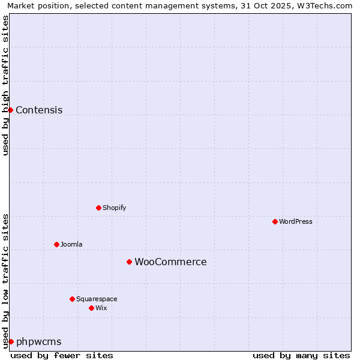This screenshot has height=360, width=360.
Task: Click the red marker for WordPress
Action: point(275,221)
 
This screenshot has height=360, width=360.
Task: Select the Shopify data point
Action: point(98,208)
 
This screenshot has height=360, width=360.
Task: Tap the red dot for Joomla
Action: point(56,244)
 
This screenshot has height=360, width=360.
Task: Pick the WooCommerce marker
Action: point(129,262)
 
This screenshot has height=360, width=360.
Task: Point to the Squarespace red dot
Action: point(72,299)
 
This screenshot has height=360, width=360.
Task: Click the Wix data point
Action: point(91,308)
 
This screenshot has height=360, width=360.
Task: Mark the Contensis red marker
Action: point(10,110)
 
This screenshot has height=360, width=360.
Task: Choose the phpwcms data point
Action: point(11,341)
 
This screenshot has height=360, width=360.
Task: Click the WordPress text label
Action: point(296,221)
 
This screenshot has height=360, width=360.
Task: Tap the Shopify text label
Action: point(115,208)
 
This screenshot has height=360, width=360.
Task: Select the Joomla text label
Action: point(71,244)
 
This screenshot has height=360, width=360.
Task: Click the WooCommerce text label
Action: point(170,262)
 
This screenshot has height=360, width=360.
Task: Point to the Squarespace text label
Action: point(97,299)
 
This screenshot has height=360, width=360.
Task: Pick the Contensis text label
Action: point(39,110)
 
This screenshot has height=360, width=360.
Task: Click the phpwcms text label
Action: point(39,341)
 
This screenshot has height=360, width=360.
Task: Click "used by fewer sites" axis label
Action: point(62,355)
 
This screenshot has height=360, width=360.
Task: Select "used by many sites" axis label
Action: point(301,355)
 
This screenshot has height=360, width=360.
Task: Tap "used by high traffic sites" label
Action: point(5,85)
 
